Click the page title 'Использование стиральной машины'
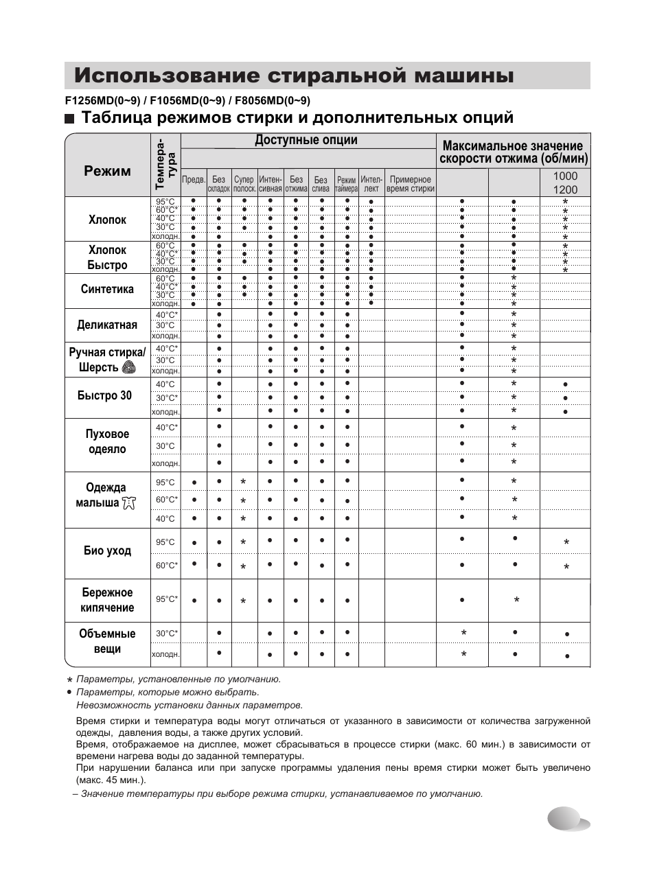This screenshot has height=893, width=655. (294, 76)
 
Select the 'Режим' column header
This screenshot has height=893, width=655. (107, 171)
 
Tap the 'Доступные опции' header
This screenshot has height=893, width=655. (306, 140)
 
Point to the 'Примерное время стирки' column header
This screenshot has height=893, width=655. (410, 184)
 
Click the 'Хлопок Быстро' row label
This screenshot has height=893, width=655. (108, 257)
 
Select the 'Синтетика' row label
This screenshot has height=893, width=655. (107, 289)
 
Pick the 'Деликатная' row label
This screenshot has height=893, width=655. (107, 325)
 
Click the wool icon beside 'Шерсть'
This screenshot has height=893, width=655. (128, 368)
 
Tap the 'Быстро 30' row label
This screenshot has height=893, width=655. (104, 395)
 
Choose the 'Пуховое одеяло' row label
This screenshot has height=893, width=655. (107, 441)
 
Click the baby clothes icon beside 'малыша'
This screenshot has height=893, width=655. (128, 503)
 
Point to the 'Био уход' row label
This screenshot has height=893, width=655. (107, 550)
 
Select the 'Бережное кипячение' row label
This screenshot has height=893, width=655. (107, 600)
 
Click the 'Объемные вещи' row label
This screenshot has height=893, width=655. (107, 641)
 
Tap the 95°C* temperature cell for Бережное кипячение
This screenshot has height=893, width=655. (166, 599)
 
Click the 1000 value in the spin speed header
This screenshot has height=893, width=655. (565, 176)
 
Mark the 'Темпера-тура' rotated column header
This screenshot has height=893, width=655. (165, 163)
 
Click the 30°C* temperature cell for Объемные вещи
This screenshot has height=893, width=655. (166, 633)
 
